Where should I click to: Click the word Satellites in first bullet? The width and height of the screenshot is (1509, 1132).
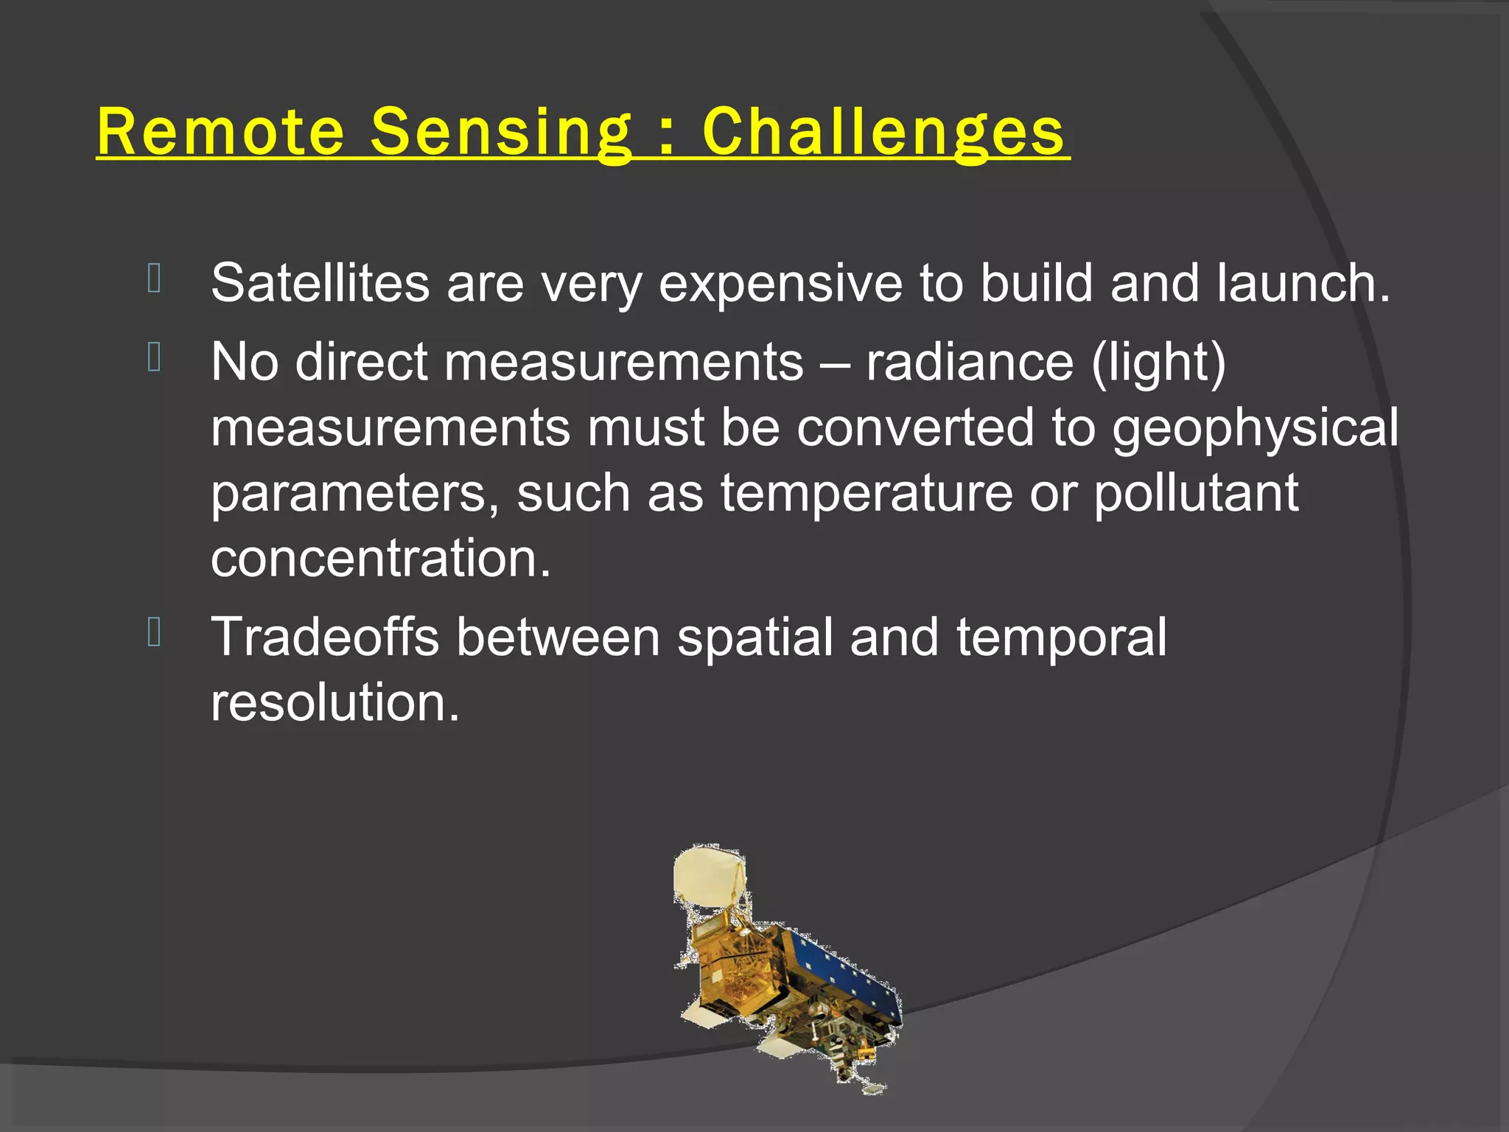pos(320,283)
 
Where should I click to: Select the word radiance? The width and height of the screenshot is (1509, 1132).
pos(969,363)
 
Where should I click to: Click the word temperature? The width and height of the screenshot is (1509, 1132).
pos(866,494)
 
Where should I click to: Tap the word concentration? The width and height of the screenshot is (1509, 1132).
pos(380,559)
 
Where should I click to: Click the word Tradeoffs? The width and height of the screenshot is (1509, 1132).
pos(325,637)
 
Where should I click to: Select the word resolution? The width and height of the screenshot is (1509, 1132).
pos(335,702)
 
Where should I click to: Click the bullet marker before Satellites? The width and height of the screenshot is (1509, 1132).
pos(154,279)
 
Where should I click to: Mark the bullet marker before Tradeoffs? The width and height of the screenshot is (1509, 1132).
pos(154,632)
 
